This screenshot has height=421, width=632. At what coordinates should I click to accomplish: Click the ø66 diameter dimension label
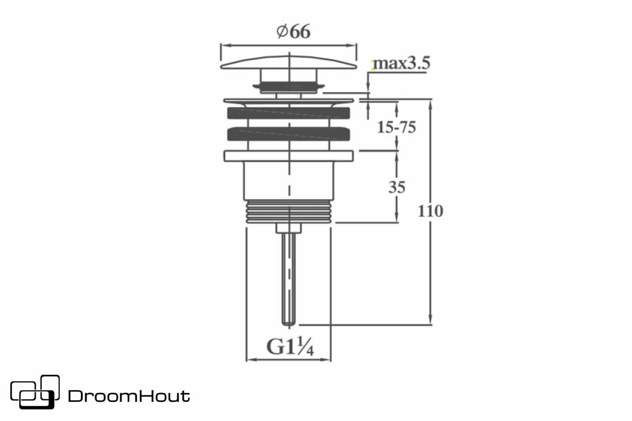[x=293, y=31]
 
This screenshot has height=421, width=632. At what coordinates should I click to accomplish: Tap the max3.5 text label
[x=402, y=63]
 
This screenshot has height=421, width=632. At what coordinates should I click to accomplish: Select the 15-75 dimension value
[x=396, y=127]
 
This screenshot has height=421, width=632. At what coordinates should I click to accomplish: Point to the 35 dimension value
[x=397, y=187]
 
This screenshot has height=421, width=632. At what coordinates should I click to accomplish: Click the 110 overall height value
[x=430, y=211]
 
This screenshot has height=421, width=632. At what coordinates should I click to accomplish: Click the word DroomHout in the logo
[x=129, y=396]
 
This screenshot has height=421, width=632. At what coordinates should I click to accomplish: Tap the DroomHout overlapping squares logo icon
[x=35, y=392]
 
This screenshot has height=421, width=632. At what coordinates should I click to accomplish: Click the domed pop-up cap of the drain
[x=289, y=62]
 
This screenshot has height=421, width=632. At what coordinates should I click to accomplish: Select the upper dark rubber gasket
[x=289, y=113]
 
